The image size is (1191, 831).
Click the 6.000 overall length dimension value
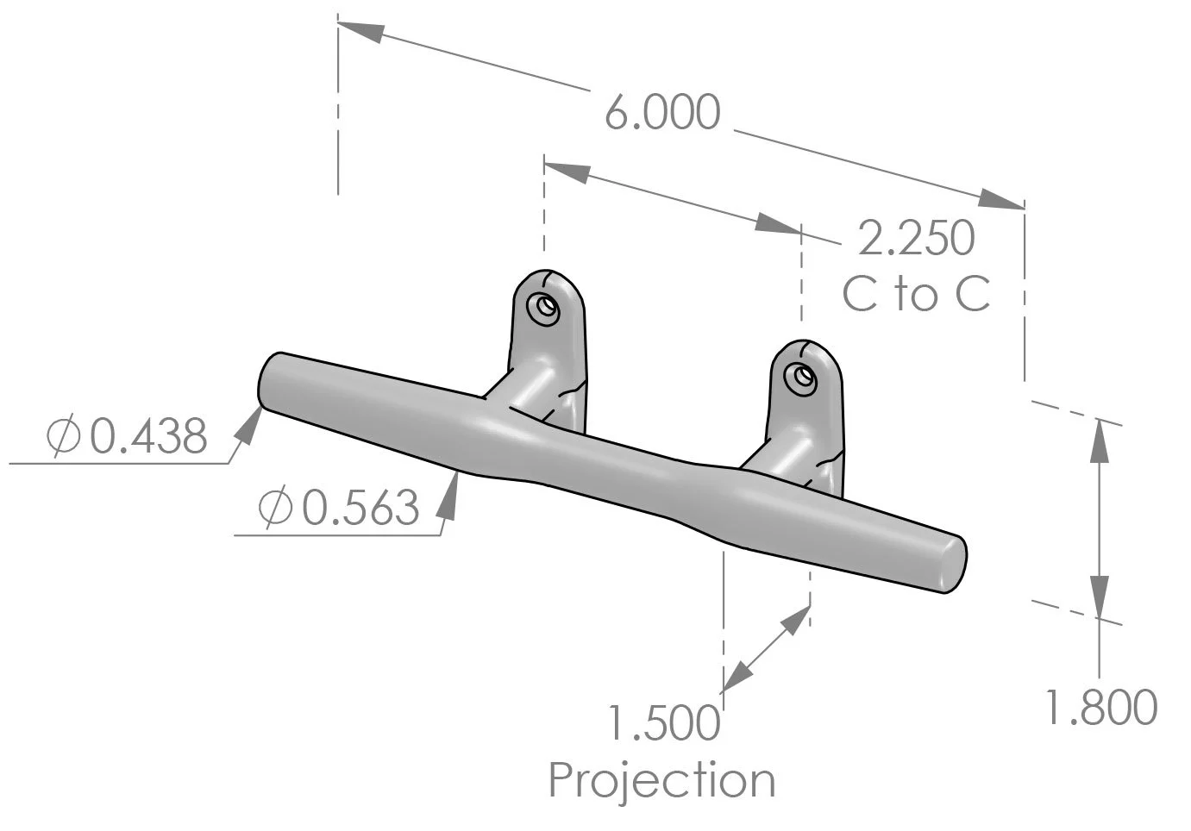(661, 114)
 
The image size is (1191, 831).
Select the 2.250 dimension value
(916, 239)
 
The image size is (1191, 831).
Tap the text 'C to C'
(916, 295)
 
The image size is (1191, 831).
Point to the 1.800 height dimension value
(1100, 708)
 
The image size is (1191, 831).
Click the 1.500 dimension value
(663, 722)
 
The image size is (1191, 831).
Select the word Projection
(661, 780)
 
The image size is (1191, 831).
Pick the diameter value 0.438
(149, 437)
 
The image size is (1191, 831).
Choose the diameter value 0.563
(360, 508)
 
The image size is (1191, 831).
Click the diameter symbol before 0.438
(65, 437)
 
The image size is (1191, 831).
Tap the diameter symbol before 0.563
(276, 508)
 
